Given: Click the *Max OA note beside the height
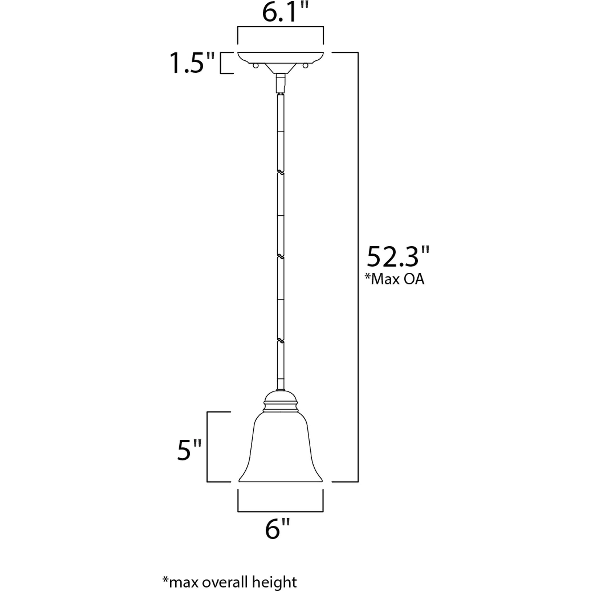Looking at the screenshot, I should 395,279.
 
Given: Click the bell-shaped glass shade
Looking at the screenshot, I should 280,450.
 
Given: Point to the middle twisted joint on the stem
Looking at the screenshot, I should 280,256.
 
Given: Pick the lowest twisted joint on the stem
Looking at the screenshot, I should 280,340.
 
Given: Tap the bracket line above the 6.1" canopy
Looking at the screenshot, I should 281,27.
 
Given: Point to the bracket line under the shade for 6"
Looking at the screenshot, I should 280,511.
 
